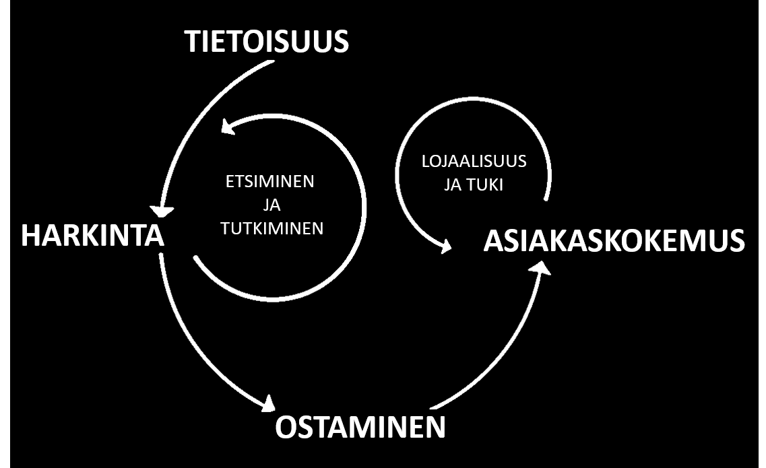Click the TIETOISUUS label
click(x=267, y=42)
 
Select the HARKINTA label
click(x=93, y=236)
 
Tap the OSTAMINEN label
click(x=360, y=427)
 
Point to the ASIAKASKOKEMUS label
click(x=614, y=241)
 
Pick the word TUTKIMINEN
click(x=272, y=228)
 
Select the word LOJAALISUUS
click(x=474, y=162)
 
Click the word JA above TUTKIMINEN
click(x=272, y=205)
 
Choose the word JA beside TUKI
click(x=453, y=185)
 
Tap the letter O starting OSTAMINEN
click(x=286, y=427)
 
